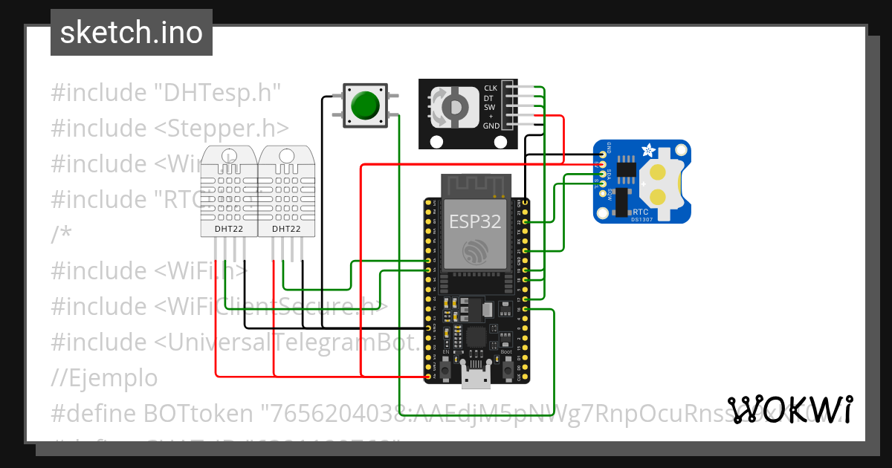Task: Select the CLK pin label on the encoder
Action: pyautogui.click(x=491, y=88)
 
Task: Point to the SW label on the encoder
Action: pyautogui.click(x=489, y=107)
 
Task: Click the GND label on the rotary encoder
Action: pyautogui.click(x=491, y=126)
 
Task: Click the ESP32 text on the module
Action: pyautogui.click(x=475, y=221)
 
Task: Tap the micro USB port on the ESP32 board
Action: pyautogui.click(x=475, y=376)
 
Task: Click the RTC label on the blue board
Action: pyautogui.click(x=639, y=212)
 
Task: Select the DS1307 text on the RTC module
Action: pyautogui.click(x=641, y=220)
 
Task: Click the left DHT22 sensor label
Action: pyautogui.click(x=228, y=230)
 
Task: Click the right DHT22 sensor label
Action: pyautogui.click(x=286, y=230)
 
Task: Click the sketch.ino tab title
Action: pyautogui.click(x=131, y=33)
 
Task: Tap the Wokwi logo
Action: pyautogui.click(x=789, y=409)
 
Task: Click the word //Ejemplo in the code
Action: pyautogui.click(x=104, y=378)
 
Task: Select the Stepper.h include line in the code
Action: pyautogui.click(x=169, y=128)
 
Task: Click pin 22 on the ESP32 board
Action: pyautogui.click(x=526, y=221)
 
